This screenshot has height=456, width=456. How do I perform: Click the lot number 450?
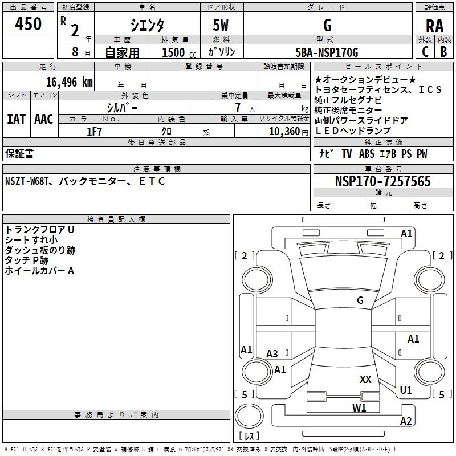(x=28, y=25)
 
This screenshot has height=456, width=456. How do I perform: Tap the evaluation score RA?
(x=434, y=26)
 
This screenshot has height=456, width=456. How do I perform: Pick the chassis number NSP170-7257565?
(x=382, y=182)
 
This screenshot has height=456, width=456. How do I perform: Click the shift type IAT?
(x=16, y=119)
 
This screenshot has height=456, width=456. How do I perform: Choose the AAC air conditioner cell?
(x=44, y=119)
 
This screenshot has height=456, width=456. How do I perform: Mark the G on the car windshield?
(x=360, y=300)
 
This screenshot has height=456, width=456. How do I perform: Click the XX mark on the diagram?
(x=365, y=379)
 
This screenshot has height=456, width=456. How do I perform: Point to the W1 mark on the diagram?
(x=359, y=408)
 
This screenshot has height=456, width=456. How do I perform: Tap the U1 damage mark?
(x=406, y=390)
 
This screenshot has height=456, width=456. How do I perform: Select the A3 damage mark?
(x=272, y=354)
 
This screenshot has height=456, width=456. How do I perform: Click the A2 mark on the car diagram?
(x=406, y=421)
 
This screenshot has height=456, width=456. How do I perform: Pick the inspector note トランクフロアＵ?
(x=39, y=229)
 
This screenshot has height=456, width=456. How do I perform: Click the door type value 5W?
(x=222, y=26)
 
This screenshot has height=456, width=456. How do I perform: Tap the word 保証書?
(x=19, y=154)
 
